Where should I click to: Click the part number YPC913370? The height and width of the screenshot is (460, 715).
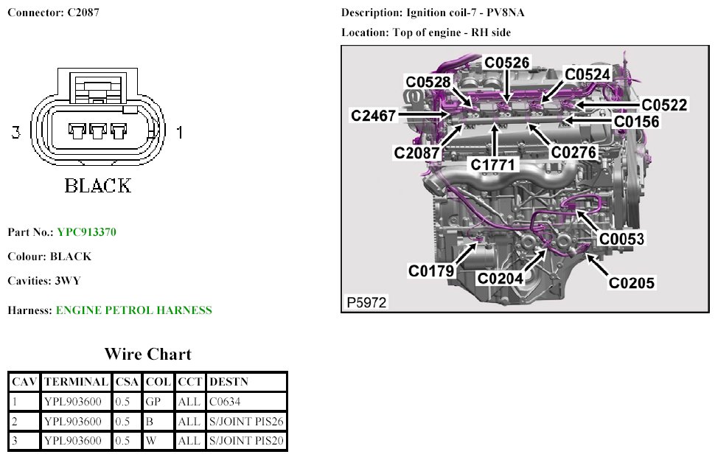coord(86,232)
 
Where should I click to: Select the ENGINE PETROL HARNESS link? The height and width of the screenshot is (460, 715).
coord(133,310)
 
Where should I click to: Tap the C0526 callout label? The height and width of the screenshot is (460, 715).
coord(506,63)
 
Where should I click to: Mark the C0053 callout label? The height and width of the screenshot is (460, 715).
coord(621,239)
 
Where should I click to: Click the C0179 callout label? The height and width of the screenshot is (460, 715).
coord(431,271)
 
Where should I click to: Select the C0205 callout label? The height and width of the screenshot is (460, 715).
coord(631,282)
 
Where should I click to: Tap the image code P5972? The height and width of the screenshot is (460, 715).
coord(366,302)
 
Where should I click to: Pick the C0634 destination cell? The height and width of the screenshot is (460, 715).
coord(225,402)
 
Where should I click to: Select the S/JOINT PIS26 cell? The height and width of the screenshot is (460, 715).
coord(246,422)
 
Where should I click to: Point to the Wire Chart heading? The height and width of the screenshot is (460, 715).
coord(147,354)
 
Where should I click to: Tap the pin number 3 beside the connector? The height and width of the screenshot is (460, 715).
coord(15,133)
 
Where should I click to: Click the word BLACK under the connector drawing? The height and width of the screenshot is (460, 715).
coord(97,185)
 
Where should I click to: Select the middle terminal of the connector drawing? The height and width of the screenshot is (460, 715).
coord(97,131)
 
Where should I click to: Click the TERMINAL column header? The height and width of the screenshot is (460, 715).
coord(76,382)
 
